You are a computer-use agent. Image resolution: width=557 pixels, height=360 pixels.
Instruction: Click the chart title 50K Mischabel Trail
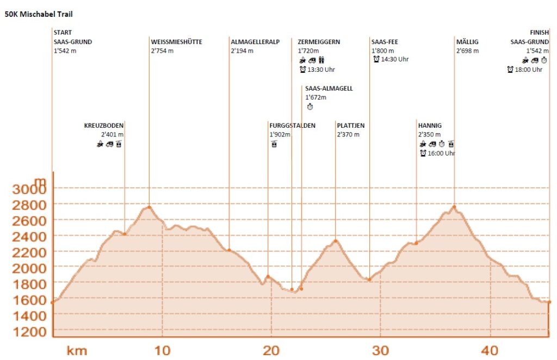coord(39,15)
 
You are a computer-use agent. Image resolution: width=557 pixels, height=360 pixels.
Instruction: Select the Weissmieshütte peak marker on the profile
coord(149,207)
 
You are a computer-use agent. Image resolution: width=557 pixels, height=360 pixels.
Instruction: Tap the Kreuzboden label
coord(104,126)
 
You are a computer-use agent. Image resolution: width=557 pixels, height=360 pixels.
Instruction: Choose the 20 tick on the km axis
coord(271,350)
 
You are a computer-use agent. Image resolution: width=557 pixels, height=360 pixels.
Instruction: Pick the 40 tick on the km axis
coord(490,350)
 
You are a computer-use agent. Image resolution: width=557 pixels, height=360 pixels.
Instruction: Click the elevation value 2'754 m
coord(162,51)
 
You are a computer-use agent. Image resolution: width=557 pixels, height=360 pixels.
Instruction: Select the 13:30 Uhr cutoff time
coord(321,70)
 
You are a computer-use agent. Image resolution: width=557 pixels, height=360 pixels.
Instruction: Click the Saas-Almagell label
coord(329,89)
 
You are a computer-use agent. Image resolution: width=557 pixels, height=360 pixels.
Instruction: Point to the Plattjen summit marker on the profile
coord(336,241)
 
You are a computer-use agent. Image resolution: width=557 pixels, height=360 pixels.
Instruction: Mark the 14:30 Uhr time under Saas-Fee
coord(394,60)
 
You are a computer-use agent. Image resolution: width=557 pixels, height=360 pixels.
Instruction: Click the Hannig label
coord(430,126)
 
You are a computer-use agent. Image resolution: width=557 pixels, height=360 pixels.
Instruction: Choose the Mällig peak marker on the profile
coord(454,207)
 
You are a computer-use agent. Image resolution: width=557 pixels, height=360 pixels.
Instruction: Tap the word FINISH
coord(539,33)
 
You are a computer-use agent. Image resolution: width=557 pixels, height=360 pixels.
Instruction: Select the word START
coord(63,33)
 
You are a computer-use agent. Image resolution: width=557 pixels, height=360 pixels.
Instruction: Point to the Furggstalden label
coord(292,126)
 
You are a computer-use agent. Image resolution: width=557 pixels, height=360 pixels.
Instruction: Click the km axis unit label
coord(77,350)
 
